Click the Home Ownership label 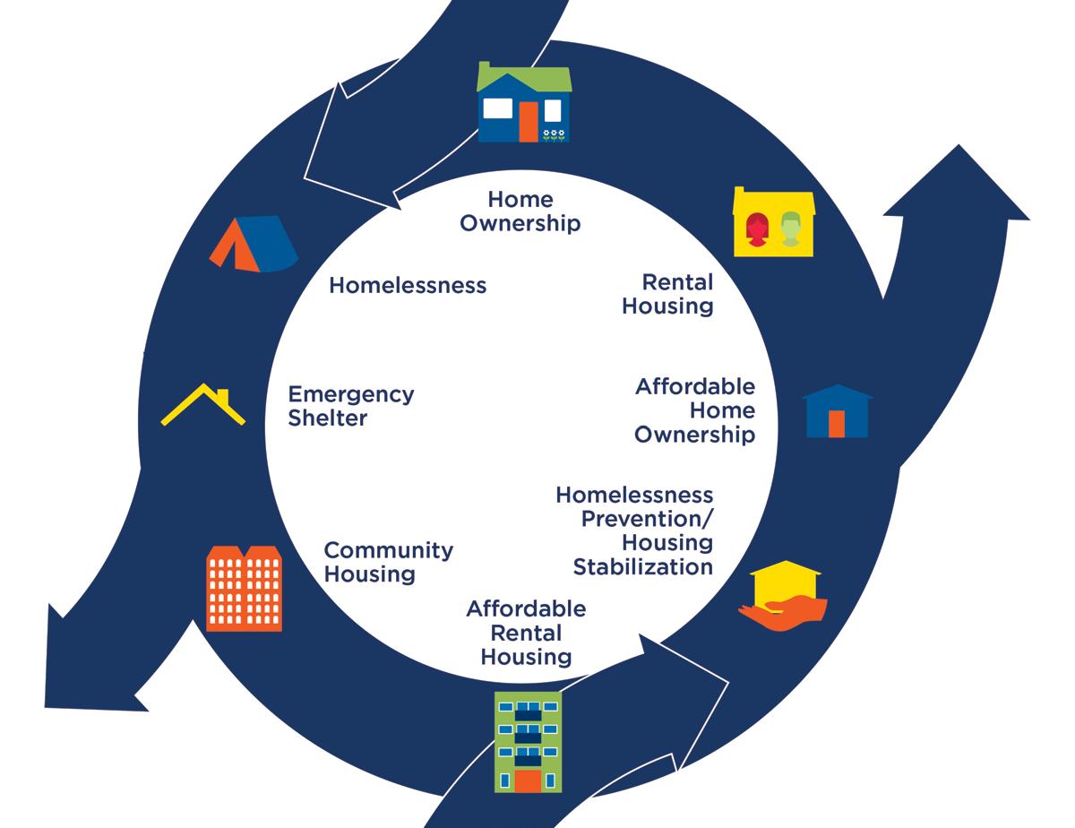520,211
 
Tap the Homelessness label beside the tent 408,285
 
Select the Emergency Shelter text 350,406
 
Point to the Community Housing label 388,562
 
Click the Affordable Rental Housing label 526,633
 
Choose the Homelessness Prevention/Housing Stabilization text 634,530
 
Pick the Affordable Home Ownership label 695,410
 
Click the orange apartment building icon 244,588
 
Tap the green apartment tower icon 529,742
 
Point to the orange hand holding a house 782,596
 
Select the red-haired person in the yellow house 757,229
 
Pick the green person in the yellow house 789,229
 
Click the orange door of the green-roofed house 528,121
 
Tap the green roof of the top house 525,78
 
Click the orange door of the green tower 529,781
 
